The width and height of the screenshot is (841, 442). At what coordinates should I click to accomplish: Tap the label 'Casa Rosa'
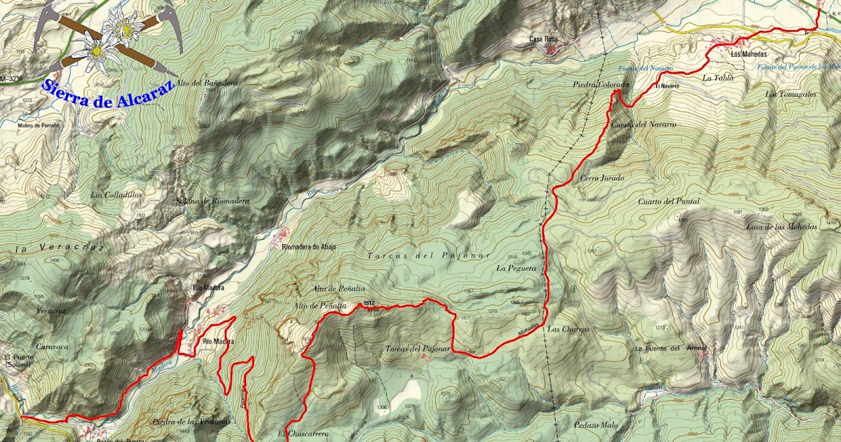544,39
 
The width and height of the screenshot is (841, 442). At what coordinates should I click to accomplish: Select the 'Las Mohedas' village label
746,53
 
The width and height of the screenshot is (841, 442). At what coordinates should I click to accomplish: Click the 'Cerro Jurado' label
601,178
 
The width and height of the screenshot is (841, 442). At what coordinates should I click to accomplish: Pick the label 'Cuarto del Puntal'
669,201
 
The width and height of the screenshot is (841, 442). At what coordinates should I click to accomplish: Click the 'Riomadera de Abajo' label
308,246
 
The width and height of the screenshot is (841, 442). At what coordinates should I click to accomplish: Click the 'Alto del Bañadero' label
207,83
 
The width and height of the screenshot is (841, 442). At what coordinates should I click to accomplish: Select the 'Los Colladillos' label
116,194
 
